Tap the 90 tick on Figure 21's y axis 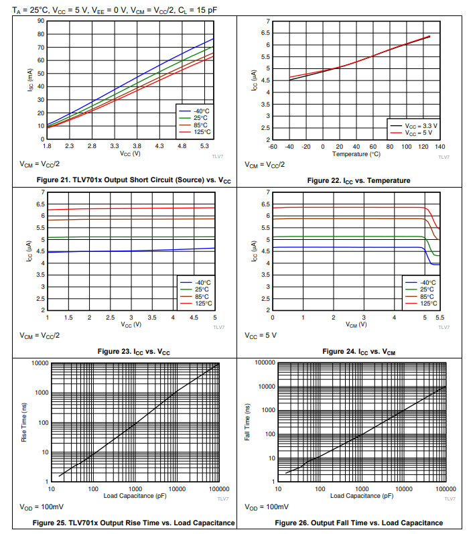(x=40, y=21)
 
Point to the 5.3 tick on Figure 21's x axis (x=205, y=146)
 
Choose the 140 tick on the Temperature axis (x=439, y=146)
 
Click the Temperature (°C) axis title (x=356, y=154)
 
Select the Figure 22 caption (x=358, y=180)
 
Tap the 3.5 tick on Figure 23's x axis (x=152, y=317)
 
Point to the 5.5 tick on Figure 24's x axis (x=439, y=317)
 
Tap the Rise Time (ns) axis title (x=25, y=423)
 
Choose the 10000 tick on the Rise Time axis (x=38, y=362)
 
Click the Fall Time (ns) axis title (x=249, y=422)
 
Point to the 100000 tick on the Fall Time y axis (x=266, y=362)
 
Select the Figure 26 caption (x=358, y=523)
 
